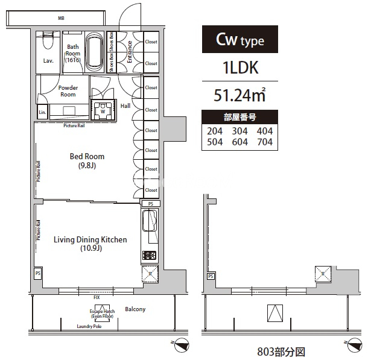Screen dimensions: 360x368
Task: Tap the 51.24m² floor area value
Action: [x=240, y=95]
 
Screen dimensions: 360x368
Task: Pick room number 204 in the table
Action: [x=215, y=131]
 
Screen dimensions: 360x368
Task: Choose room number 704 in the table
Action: [x=264, y=142]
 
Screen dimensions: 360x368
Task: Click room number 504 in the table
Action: [x=215, y=142]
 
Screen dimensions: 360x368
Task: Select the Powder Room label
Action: [x=68, y=91]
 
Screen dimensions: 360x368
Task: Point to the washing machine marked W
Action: [x=103, y=110]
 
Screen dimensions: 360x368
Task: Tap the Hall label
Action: [x=125, y=106]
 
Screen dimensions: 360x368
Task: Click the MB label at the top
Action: [x=61, y=19]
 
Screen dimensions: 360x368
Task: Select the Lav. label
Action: [x=48, y=60]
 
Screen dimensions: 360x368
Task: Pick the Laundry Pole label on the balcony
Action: [x=89, y=326]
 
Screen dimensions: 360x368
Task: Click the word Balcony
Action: [x=135, y=309]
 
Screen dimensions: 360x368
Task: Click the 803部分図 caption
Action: [x=272, y=350]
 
